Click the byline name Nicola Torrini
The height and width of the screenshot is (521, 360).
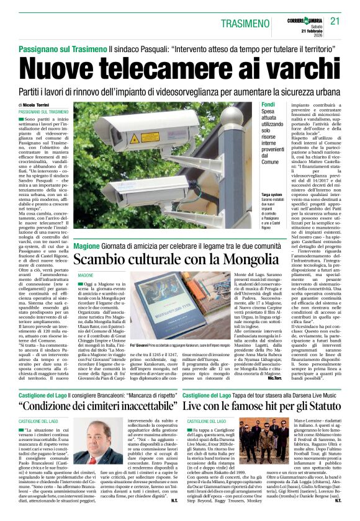(38, 105)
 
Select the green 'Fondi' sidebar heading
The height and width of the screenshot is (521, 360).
(268, 105)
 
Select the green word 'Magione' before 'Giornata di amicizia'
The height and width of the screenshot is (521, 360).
(86, 246)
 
